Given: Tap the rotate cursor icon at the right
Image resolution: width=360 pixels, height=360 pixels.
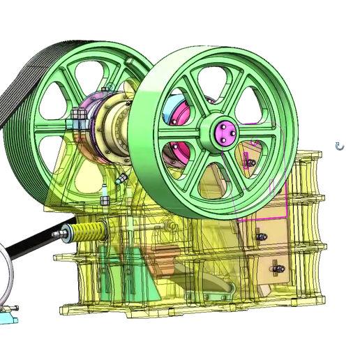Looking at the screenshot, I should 340,146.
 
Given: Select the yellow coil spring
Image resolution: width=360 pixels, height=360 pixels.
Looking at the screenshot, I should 89,232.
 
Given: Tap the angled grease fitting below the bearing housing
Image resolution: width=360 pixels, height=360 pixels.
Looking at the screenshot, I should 121,179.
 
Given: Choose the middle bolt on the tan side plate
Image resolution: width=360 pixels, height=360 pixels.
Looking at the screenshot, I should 262,238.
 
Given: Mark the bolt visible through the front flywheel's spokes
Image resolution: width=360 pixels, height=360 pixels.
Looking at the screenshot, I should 249,163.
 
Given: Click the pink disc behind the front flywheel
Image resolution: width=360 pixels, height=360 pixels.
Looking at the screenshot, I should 183,112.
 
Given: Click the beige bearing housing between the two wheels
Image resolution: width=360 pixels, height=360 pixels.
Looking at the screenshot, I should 112,133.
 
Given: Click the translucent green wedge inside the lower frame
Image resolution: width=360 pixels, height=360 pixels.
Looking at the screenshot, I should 105,286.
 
